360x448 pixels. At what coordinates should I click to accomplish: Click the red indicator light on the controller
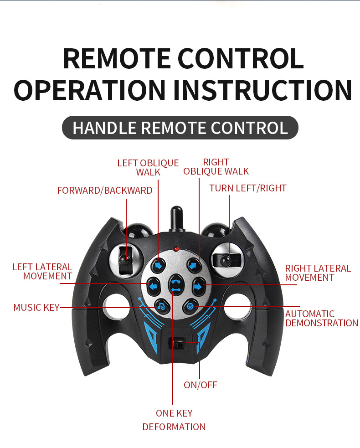[x=176, y=249]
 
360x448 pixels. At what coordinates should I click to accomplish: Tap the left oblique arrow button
[x=158, y=266]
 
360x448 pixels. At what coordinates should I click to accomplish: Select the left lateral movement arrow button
[x=154, y=285]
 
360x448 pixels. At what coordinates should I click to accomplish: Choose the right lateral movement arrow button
[x=198, y=286]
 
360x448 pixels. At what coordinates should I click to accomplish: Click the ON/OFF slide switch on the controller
[x=177, y=343]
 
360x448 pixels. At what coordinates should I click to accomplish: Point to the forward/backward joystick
[x=125, y=260]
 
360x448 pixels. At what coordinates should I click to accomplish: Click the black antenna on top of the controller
[x=177, y=219]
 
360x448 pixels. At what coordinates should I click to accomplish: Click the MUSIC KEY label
[x=36, y=308]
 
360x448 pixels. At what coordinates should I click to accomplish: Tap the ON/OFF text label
[x=201, y=385]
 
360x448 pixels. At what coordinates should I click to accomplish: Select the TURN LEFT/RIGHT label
[x=248, y=188]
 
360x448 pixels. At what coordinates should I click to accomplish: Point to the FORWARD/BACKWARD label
[x=105, y=191]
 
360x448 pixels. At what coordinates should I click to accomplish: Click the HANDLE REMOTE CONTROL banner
[x=180, y=128]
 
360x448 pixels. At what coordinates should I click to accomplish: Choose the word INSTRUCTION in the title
[x=262, y=90]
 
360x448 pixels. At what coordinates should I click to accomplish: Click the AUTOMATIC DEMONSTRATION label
[x=322, y=318]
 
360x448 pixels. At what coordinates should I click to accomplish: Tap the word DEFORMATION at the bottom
[x=174, y=427]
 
